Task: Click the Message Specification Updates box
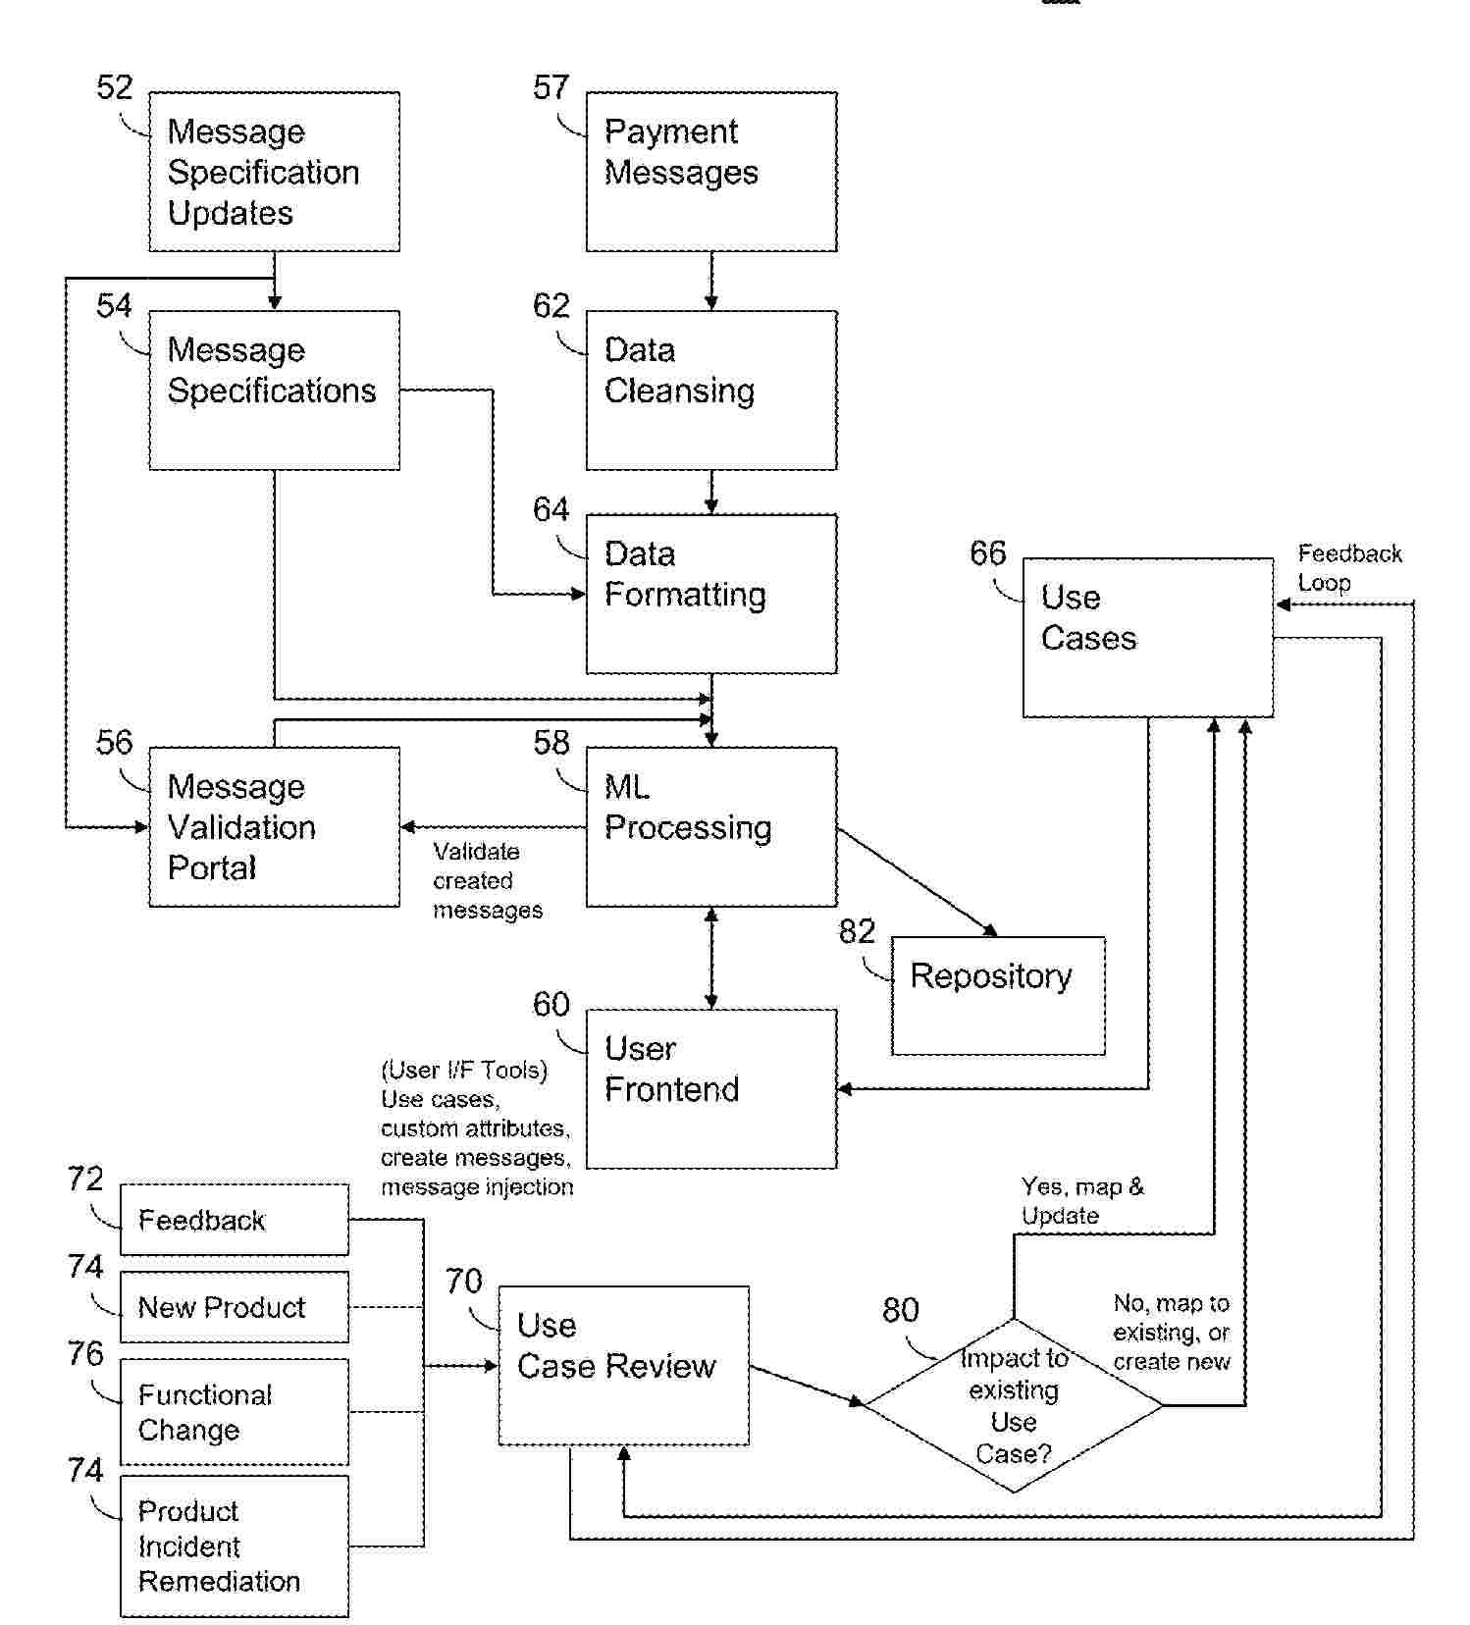coord(274,172)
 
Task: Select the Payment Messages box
coord(711,172)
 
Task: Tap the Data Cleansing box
coord(711,390)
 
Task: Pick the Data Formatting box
coord(711,594)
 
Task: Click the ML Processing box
coord(711,826)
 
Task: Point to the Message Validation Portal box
coord(274,826)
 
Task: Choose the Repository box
coord(998,995)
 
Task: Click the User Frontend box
coord(711,1088)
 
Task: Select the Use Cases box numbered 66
coord(1148,638)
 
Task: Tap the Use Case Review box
coord(623,1365)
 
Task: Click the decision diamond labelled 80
coord(1013,1405)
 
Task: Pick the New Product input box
coord(234,1307)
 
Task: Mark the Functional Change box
coord(234,1412)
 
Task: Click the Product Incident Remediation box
coord(234,1546)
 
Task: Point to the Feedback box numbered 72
coord(234,1220)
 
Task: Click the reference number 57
coord(551,88)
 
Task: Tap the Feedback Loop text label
coord(1348,568)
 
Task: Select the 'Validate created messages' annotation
coord(487,880)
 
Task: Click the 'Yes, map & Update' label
coord(1081,1201)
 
